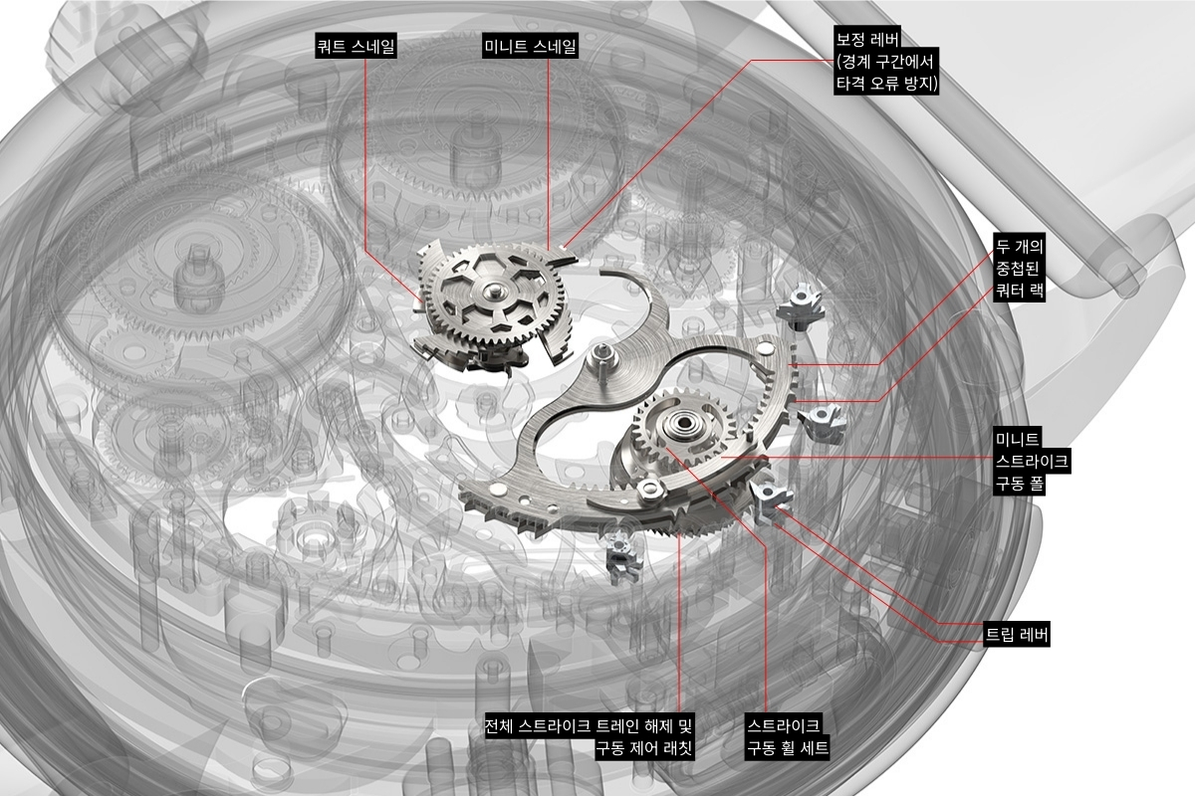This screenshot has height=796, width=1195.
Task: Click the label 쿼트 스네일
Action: [356, 47]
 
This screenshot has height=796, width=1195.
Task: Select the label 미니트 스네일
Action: [530, 47]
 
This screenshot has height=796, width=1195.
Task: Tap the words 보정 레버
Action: [867, 40]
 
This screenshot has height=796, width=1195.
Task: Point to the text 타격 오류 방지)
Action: [886, 84]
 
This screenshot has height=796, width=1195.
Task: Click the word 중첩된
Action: [1018, 269]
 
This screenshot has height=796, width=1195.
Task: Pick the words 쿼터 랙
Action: [1019, 291]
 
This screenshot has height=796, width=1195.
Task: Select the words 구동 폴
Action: [1019, 484]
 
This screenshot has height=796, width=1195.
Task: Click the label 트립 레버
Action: [1017, 635]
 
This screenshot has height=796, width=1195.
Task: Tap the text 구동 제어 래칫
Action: [644, 748]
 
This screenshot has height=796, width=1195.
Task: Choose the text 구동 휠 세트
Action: [787, 748]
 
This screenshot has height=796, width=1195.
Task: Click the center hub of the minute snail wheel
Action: [491, 292]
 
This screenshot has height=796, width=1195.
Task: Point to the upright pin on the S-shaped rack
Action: [602, 359]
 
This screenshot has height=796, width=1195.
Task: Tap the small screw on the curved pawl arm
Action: [649, 487]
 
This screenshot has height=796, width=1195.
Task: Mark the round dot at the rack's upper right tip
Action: [767, 347]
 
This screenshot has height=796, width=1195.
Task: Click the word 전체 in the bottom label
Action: [500, 725]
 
